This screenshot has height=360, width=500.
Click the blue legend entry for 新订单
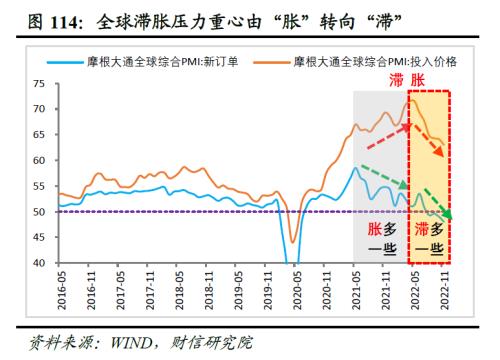coord(160,62)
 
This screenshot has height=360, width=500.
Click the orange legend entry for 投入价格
coord(374,62)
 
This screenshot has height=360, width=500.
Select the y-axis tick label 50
coord(40,212)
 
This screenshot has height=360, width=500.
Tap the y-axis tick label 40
coord(40,263)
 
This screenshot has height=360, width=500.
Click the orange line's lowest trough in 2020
coord(292,241)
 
